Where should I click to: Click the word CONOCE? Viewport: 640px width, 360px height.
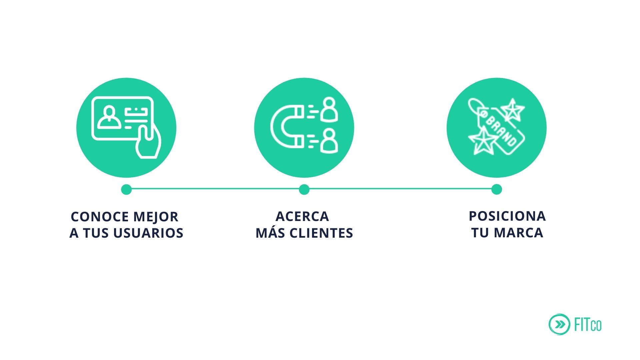(100, 217)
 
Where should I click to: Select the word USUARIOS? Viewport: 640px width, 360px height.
(148, 233)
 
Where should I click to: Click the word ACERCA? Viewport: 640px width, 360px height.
(302, 217)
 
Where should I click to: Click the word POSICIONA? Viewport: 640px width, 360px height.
(507, 216)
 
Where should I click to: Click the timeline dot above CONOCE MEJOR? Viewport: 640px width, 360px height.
(126, 189)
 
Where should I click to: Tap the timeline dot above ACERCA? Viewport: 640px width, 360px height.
(304, 189)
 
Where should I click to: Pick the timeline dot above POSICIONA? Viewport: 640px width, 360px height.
(496, 189)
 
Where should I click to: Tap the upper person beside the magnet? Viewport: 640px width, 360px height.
(329, 110)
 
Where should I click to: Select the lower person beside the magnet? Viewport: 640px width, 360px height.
(329, 141)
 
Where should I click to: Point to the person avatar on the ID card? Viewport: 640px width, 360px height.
(109, 117)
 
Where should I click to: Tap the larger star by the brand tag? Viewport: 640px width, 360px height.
(482, 141)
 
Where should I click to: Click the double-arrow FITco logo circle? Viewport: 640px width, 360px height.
(559, 324)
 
